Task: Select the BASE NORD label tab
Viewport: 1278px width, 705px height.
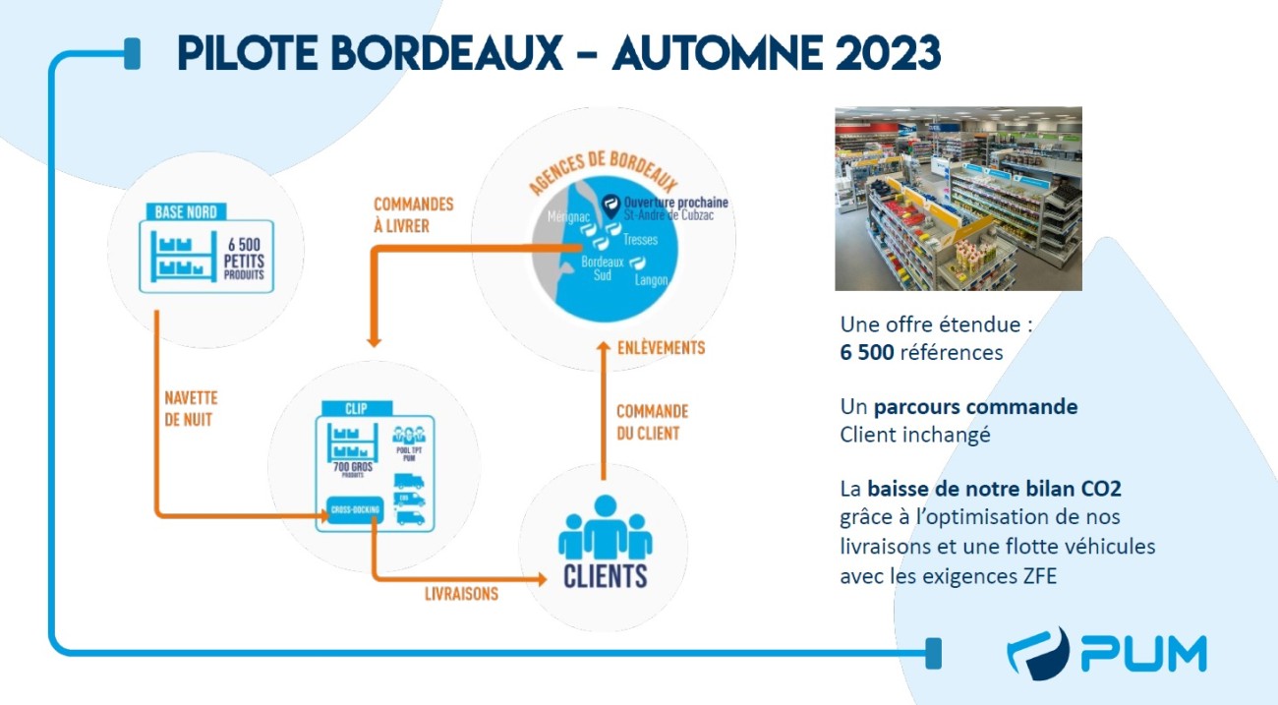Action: pyautogui.click(x=186, y=210)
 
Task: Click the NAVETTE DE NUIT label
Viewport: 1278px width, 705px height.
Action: pyautogui.click(x=191, y=407)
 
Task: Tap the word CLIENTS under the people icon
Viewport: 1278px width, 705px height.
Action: pyautogui.click(x=606, y=575)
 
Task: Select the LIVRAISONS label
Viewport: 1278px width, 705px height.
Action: pyautogui.click(x=461, y=594)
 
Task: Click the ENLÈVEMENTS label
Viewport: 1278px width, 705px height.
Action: pyautogui.click(x=661, y=348)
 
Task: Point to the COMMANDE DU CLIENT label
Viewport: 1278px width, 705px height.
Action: pyautogui.click(x=652, y=422)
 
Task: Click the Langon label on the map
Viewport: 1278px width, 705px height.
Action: pyautogui.click(x=651, y=280)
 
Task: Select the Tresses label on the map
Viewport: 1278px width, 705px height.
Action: pyautogui.click(x=640, y=239)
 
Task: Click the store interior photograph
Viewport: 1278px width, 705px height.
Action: pyautogui.click(x=958, y=199)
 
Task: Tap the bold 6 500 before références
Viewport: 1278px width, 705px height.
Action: pyautogui.click(x=866, y=352)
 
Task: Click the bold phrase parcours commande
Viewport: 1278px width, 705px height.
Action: pyautogui.click(x=976, y=406)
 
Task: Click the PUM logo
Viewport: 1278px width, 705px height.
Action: pyautogui.click(x=1107, y=654)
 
